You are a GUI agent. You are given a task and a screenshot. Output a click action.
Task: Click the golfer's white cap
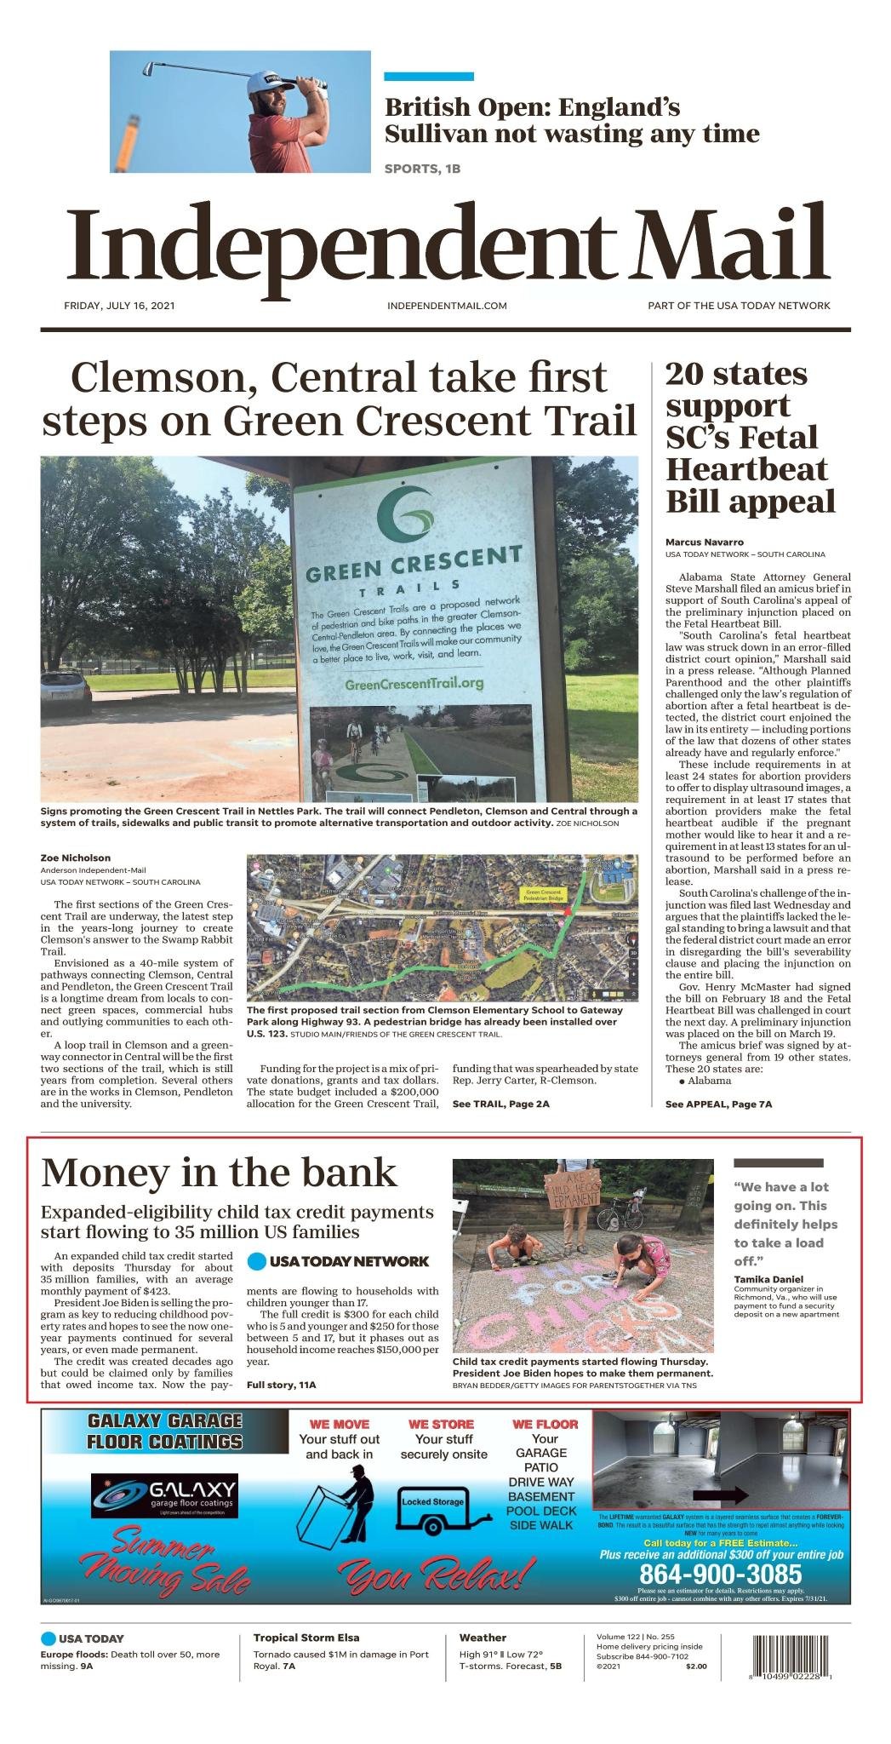tap(269, 82)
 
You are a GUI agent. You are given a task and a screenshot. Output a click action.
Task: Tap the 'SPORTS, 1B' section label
tap(422, 169)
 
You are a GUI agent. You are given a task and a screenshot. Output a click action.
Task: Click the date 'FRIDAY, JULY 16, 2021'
tap(119, 306)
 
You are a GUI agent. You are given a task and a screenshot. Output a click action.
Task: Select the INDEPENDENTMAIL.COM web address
tap(447, 306)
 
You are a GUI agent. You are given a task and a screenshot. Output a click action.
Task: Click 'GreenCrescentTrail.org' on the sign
tap(414, 683)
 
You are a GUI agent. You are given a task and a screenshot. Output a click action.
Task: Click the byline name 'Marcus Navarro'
tap(705, 542)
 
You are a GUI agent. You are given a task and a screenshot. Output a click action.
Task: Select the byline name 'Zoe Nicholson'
tap(76, 858)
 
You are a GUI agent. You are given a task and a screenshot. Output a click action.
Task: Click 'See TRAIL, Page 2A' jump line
tap(500, 1104)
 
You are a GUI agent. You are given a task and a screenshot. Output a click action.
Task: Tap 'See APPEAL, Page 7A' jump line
tap(718, 1104)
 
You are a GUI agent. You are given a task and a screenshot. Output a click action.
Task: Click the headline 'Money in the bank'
tap(219, 1173)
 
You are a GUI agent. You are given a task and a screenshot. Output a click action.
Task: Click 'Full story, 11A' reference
tap(281, 1385)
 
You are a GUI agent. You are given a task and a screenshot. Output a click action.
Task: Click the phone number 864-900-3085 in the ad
tap(720, 1573)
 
